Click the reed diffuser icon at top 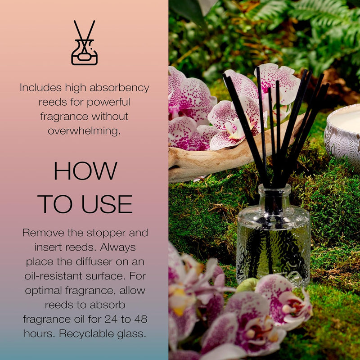click(x=85, y=43)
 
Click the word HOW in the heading click(x=85, y=171)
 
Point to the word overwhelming click(x=85, y=130)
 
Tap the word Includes click(x=40, y=88)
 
